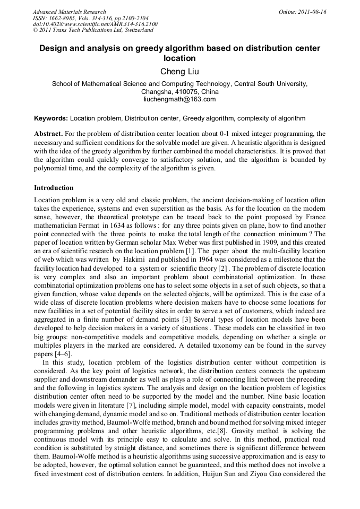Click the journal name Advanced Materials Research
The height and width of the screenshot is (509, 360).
coord(69,12)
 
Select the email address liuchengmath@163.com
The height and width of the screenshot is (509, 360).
coord(179,99)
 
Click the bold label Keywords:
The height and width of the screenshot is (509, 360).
coord(51,118)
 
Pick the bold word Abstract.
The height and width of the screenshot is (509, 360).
coord(49,134)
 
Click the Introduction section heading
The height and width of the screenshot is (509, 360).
coord(54,188)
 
